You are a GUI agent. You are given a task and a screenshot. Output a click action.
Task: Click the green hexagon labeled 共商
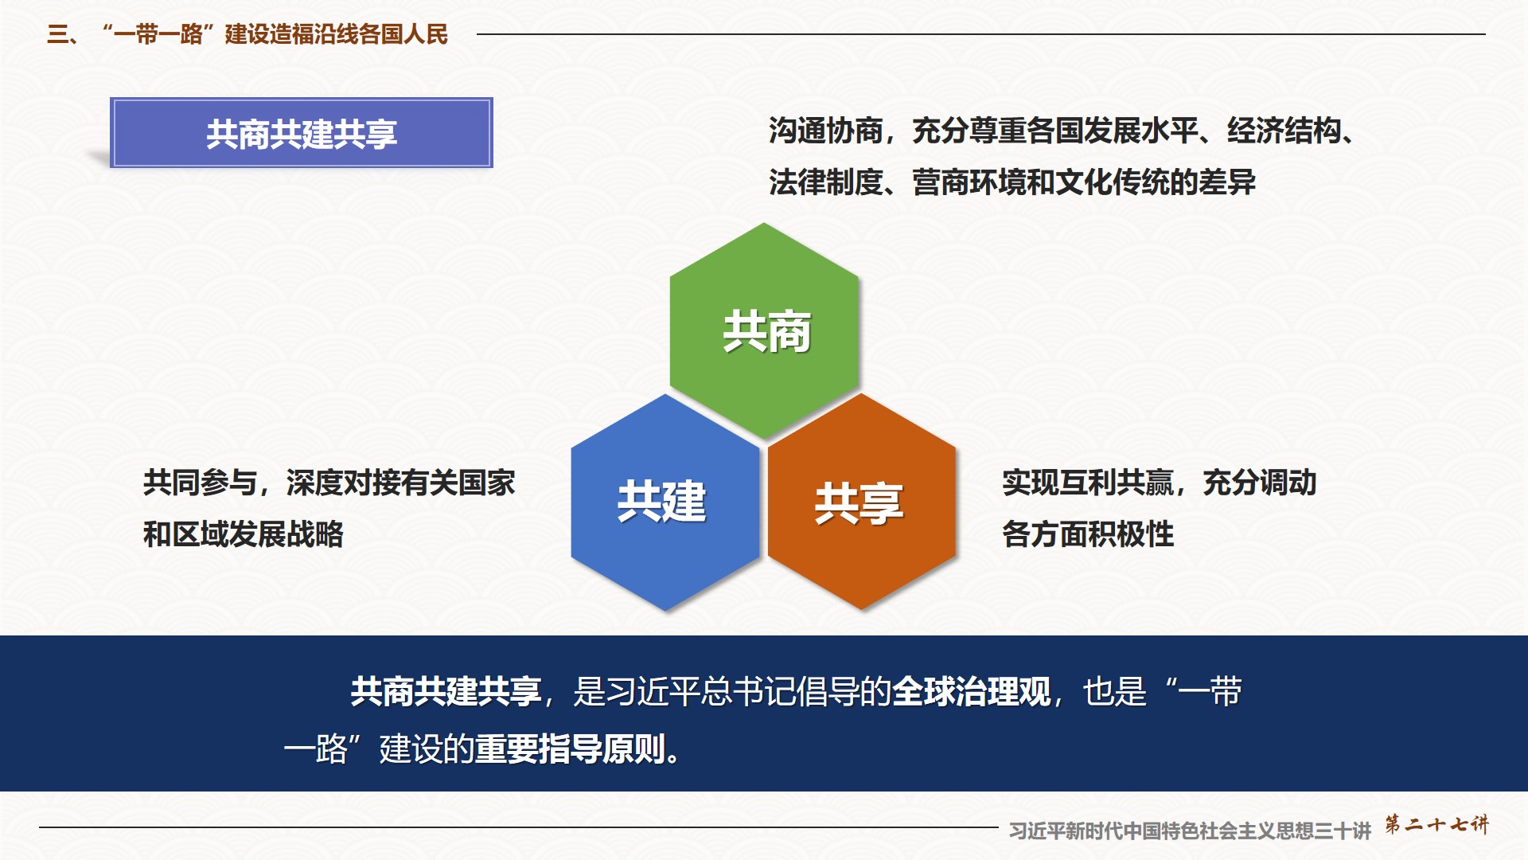(x=764, y=330)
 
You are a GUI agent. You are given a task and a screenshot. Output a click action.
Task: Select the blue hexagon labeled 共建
(x=665, y=502)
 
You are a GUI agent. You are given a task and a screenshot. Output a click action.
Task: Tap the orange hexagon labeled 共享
(x=862, y=502)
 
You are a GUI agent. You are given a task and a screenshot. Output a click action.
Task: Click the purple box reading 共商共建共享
(x=302, y=133)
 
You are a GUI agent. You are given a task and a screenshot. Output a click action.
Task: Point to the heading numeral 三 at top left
(x=57, y=34)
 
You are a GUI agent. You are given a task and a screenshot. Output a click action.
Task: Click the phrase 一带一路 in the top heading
(x=158, y=34)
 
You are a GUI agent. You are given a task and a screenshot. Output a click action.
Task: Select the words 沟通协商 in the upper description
(x=826, y=131)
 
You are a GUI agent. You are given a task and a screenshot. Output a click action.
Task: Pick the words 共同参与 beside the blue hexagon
(x=201, y=483)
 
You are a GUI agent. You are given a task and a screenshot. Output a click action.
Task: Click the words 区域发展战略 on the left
(x=258, y=534)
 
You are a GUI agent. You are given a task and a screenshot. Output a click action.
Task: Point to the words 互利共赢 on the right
(x=1117, y=483)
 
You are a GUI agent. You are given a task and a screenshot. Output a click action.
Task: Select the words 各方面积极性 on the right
(x=1088, y=534)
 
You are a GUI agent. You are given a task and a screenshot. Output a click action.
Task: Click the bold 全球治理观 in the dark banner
(x=971, y=691)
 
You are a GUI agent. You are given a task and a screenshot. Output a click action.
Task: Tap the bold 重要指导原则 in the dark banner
(x=570, y=749)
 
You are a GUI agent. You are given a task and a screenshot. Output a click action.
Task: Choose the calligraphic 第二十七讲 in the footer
(x=1436, y=824)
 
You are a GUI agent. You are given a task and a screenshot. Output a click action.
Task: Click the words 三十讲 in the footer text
(x=1343, y=831)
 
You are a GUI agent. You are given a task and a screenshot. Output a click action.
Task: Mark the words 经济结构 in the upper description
(x=1284, y=131)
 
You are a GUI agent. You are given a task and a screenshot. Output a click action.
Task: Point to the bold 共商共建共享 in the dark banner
(x=446, y=691)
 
